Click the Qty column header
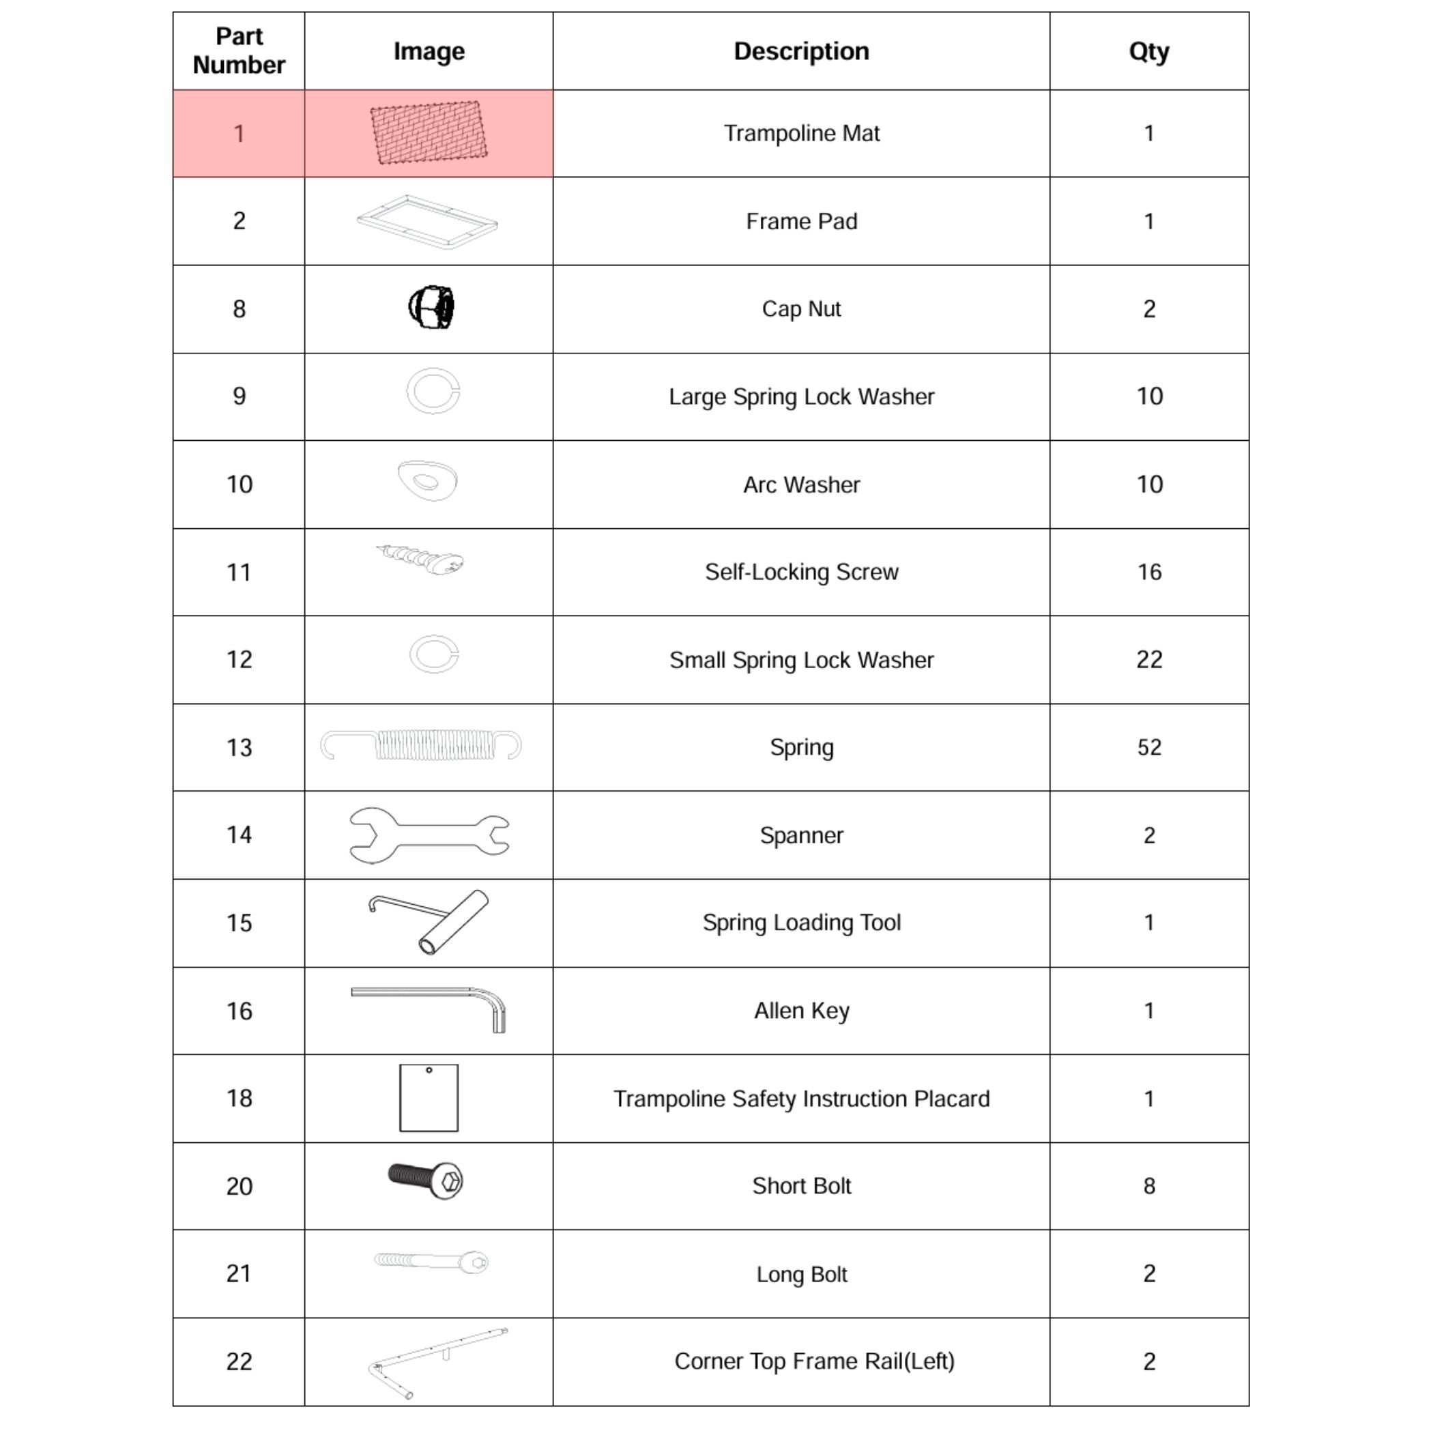click(1148, 51)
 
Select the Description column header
click(801, 51)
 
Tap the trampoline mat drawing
click(429, 133)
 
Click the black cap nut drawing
click(431, 307)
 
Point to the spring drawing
click(421, 745)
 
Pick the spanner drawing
click(429, 835)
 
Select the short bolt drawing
click(426, 1180)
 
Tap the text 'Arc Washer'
click(801, 484)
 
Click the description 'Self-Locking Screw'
click(801, 572)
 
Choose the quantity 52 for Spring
click(1149, 747)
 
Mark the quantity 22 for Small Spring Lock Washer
click(1149, 659)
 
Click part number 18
click(239, 1098)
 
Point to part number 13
click(239, 747)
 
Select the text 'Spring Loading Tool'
click(801, 923)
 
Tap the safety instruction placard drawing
click(429, 1098)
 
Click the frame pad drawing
click(427, 222)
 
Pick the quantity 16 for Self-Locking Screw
click(1149, 572)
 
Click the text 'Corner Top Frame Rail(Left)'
click(813, 1361)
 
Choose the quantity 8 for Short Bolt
click(1149, 1185)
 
